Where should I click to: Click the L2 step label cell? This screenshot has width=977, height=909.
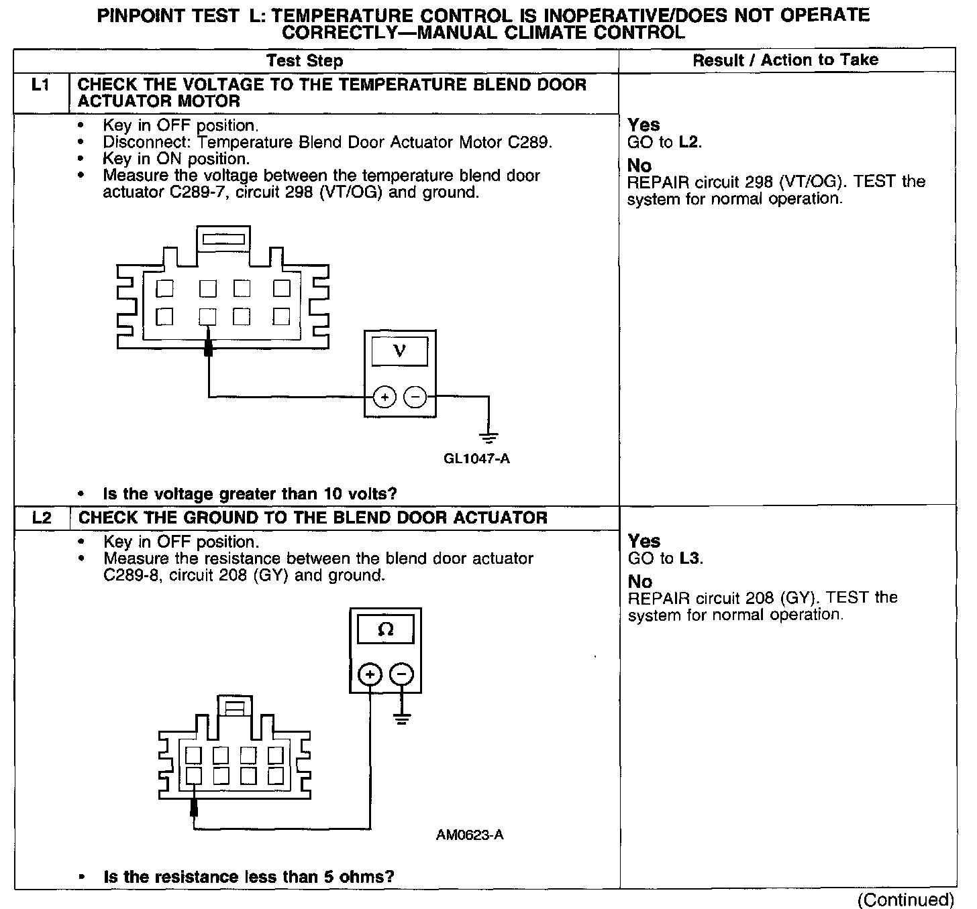(42, 518)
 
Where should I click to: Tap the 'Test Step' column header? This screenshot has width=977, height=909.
(304, 61)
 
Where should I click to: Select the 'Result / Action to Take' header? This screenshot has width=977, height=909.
(785, 60)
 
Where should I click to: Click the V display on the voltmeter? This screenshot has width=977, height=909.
(399, 351)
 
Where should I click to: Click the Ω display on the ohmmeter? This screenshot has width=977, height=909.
(386, 629)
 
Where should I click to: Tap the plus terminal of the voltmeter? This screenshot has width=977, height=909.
(384, 398)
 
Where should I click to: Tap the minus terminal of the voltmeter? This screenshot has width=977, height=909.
(415, 398)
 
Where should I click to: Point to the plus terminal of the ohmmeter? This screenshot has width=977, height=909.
(370, 674)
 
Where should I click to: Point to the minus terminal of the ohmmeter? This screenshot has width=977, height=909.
(401, 674)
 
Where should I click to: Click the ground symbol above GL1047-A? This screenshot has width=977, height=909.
(489, 438)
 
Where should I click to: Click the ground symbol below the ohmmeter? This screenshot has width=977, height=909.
(401, 720)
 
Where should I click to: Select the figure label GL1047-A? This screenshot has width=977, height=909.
(476, 459)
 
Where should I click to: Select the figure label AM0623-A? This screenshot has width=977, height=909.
(470, 835)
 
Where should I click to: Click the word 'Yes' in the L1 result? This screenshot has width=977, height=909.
(644, 125)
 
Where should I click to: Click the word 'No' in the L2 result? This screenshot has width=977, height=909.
(639, 581)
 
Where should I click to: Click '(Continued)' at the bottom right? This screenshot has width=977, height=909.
(905, 899)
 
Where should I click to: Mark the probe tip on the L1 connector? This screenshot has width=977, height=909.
(209, 347)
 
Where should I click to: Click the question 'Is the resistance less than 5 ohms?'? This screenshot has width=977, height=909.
(248, 877)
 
